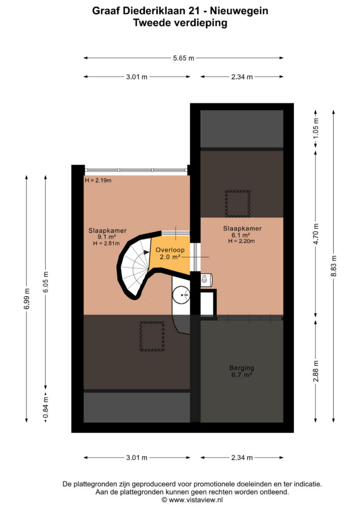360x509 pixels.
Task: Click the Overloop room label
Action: [x=170, y=250]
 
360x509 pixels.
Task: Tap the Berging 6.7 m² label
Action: [x=242, y=371]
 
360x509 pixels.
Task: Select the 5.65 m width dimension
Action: [x=183, y=58]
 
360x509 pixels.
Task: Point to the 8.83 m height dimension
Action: [x=333, y=266]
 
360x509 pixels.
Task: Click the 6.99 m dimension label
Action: [x=27, y=298]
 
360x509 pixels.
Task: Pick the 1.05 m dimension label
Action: [x=316, y=128]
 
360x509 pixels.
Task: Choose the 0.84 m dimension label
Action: [x=45, y=408]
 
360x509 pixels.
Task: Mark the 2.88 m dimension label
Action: [x=316, y=371]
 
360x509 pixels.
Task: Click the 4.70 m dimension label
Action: [x=316, y=234]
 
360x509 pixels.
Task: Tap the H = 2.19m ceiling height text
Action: [x=98, y=180]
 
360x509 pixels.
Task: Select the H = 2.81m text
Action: [x=106, y=243]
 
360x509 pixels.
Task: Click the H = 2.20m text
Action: [x=241, y=241]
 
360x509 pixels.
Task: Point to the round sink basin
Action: [x=181, y=295]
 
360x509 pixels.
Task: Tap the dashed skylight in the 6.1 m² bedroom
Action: [x=238, y=203]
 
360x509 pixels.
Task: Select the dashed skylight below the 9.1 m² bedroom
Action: [x=152, y=337]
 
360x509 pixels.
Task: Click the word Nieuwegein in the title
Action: [x=239, y=11]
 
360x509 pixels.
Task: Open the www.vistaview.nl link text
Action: [x=196, y=500]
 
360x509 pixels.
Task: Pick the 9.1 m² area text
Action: [x=107, y=237]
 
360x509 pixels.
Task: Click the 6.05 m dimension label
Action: [x=45, y=282]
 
